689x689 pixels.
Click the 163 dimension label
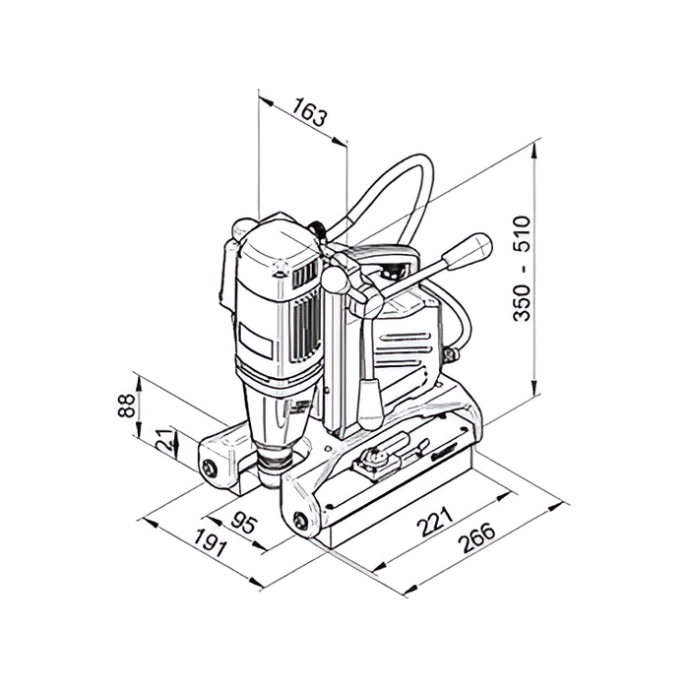coord(310,111)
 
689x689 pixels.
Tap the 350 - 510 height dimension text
coord(522,268)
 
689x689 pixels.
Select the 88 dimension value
coord(127,406)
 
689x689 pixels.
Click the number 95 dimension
coord(243,523)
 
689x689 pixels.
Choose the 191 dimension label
coord(211,543)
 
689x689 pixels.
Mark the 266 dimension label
coord(476,537)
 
